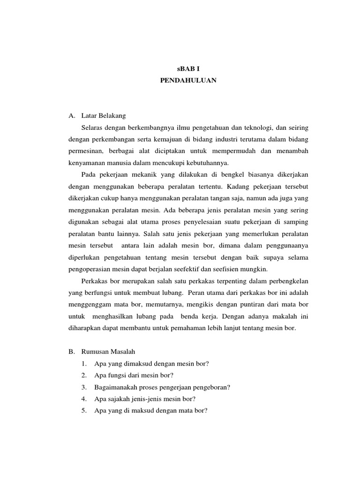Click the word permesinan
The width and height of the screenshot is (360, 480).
(x=83, y=151)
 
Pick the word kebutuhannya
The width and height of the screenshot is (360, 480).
(x=208, y=163)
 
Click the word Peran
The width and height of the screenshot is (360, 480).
(x=201, y=292)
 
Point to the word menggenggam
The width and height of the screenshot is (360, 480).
(x=90, y=304)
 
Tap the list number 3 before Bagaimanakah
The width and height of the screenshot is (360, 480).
(x=83, y=387)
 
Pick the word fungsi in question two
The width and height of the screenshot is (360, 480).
(x=113, y=375)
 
